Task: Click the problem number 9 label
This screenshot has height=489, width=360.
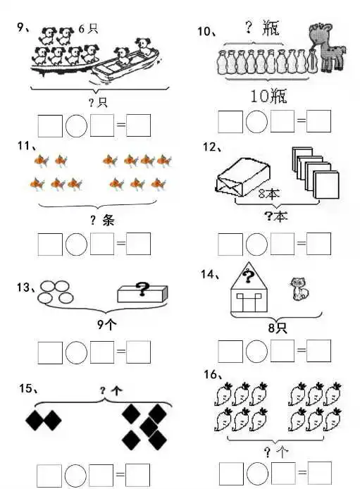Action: [21, 27]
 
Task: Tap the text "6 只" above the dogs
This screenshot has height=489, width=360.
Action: [88, 29]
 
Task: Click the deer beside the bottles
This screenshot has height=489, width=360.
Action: [327, 47]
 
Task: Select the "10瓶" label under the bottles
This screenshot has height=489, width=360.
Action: [268, 96]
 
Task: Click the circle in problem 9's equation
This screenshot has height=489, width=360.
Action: [76, 125]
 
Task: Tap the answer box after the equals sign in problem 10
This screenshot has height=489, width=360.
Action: [318, 121]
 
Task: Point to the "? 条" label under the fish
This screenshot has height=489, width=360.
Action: [102, 220]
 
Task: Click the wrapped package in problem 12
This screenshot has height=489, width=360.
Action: [242, 177]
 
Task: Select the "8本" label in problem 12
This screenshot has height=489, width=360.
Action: [269, 194]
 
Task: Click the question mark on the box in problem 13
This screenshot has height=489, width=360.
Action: [142, 289]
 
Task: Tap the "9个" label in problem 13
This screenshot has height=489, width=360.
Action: [107, 325]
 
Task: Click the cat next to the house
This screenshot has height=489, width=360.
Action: [299, 289]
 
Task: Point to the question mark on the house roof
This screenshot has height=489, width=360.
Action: [248, 276]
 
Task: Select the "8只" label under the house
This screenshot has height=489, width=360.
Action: [278, 328]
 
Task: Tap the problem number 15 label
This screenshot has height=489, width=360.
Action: [27, 388]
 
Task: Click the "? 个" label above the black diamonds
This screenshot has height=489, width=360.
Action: [111, 390]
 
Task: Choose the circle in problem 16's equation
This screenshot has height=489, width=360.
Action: [257, 473]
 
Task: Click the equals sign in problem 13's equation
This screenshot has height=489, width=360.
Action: [121, 352]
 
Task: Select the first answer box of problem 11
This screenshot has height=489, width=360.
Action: [50, 244]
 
